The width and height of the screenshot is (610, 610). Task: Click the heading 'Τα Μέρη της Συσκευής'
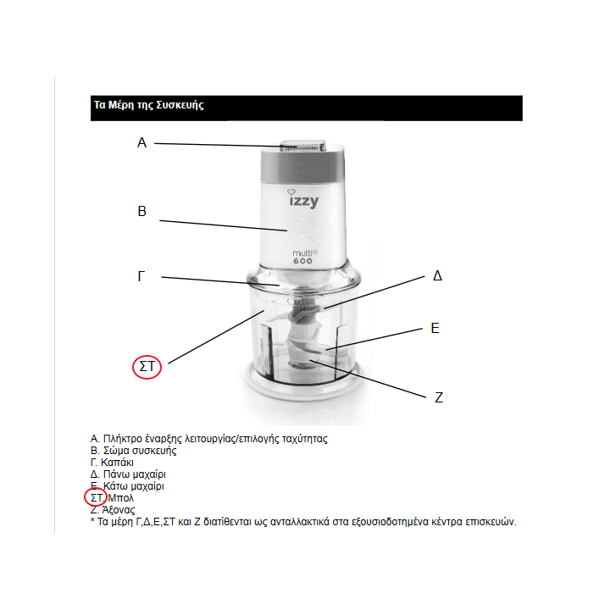148,107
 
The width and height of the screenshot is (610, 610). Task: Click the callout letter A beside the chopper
141,143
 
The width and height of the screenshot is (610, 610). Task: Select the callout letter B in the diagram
142,212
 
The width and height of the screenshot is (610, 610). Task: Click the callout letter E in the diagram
435,328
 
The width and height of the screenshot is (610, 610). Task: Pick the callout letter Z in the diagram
439,397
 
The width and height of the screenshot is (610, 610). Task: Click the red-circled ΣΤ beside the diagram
148,368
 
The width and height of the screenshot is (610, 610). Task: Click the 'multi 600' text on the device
304,257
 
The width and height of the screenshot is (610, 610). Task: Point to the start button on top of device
302,147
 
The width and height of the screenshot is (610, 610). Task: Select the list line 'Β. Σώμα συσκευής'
133,451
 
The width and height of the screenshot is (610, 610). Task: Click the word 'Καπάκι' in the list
118,463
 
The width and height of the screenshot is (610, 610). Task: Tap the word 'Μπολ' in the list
122,499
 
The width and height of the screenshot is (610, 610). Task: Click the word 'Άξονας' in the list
119,511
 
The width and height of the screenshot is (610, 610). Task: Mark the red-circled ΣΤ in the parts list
97,499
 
